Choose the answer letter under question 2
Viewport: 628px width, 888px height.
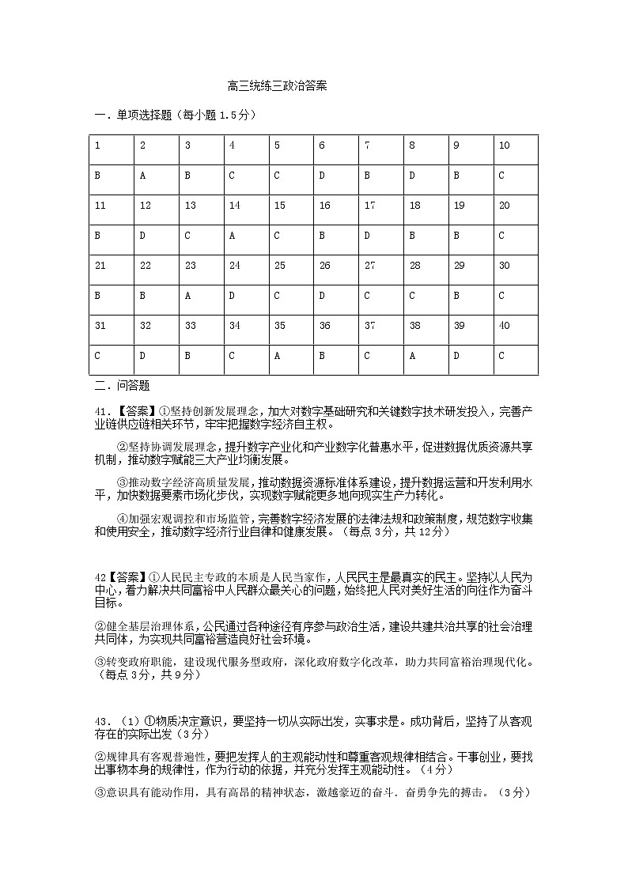click(143, 176)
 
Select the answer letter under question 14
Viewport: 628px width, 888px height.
click(233, 236)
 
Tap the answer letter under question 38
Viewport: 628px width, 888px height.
click(412, 356)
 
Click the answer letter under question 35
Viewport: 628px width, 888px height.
click(278, 356)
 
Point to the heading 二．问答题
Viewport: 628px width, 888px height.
click(122, 386)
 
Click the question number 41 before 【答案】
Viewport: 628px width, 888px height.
click(100, 411)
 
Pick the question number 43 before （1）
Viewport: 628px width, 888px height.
click(100, 721)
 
